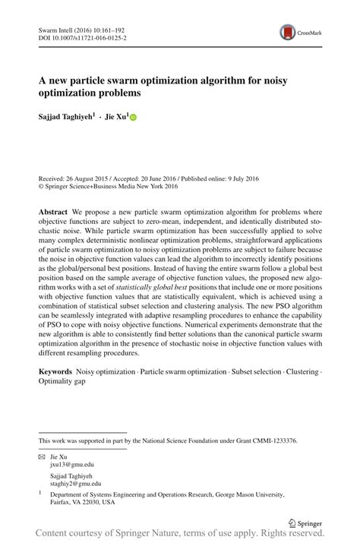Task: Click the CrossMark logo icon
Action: pos(288,32)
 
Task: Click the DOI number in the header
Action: pos(90,36)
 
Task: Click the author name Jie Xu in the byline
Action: pos(115,118)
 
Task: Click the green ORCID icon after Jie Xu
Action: pos(134,118)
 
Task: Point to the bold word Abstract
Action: pos(52,210)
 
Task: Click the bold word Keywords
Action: pos(55,372)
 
